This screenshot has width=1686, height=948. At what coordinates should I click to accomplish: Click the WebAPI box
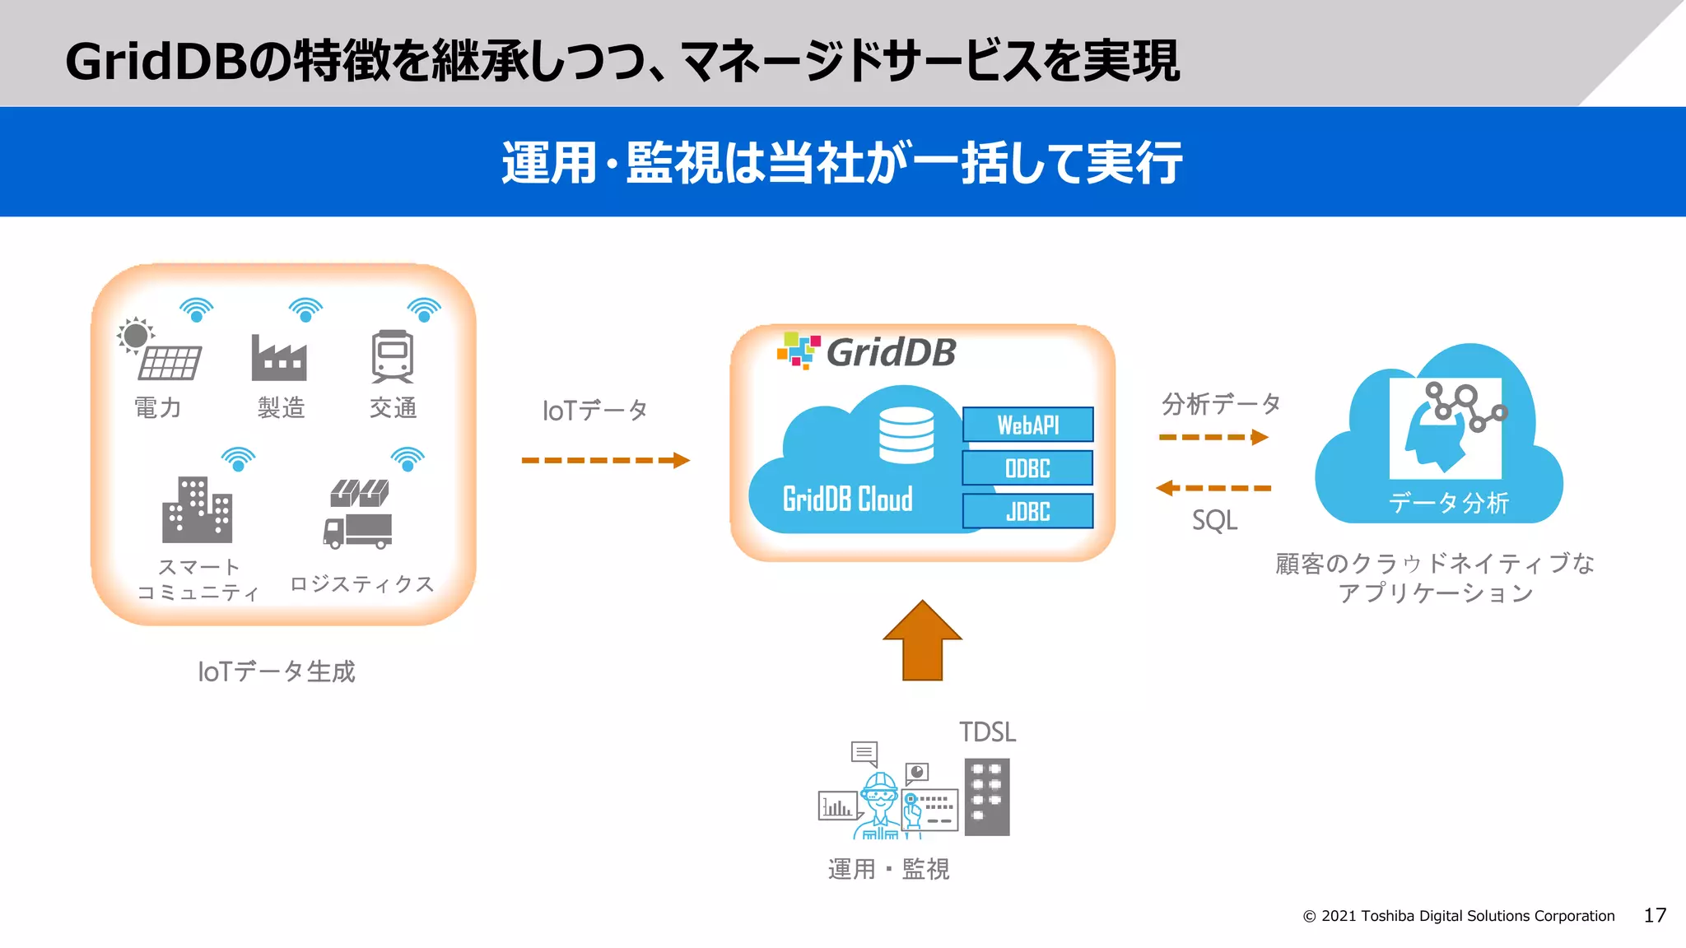point(1027,425)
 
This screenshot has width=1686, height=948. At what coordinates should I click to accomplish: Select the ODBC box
point(1027,468)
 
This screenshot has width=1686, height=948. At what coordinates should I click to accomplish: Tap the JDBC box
point(1027,511)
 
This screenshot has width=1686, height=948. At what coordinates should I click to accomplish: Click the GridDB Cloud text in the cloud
point(847,500)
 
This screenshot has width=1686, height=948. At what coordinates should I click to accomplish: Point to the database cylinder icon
point(906,435)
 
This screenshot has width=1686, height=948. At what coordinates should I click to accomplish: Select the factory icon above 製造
point(279,358)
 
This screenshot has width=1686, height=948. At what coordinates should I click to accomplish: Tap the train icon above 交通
point(393,356)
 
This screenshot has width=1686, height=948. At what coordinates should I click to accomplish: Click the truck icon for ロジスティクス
point(358,515)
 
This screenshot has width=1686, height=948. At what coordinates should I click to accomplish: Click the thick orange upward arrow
point(922,641)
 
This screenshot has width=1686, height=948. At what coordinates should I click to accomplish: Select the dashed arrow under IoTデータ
point(605,460)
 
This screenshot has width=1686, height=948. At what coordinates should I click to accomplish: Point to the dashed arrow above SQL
point(1213,488)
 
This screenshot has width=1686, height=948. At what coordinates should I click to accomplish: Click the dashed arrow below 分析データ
point(1213,437)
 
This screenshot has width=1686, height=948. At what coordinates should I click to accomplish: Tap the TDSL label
point(987,732)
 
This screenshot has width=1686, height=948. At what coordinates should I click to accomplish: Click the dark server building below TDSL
point(986,797)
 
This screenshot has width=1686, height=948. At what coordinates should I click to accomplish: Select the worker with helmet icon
point(880,804)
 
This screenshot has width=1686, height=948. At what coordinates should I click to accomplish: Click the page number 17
point(1655,915)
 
